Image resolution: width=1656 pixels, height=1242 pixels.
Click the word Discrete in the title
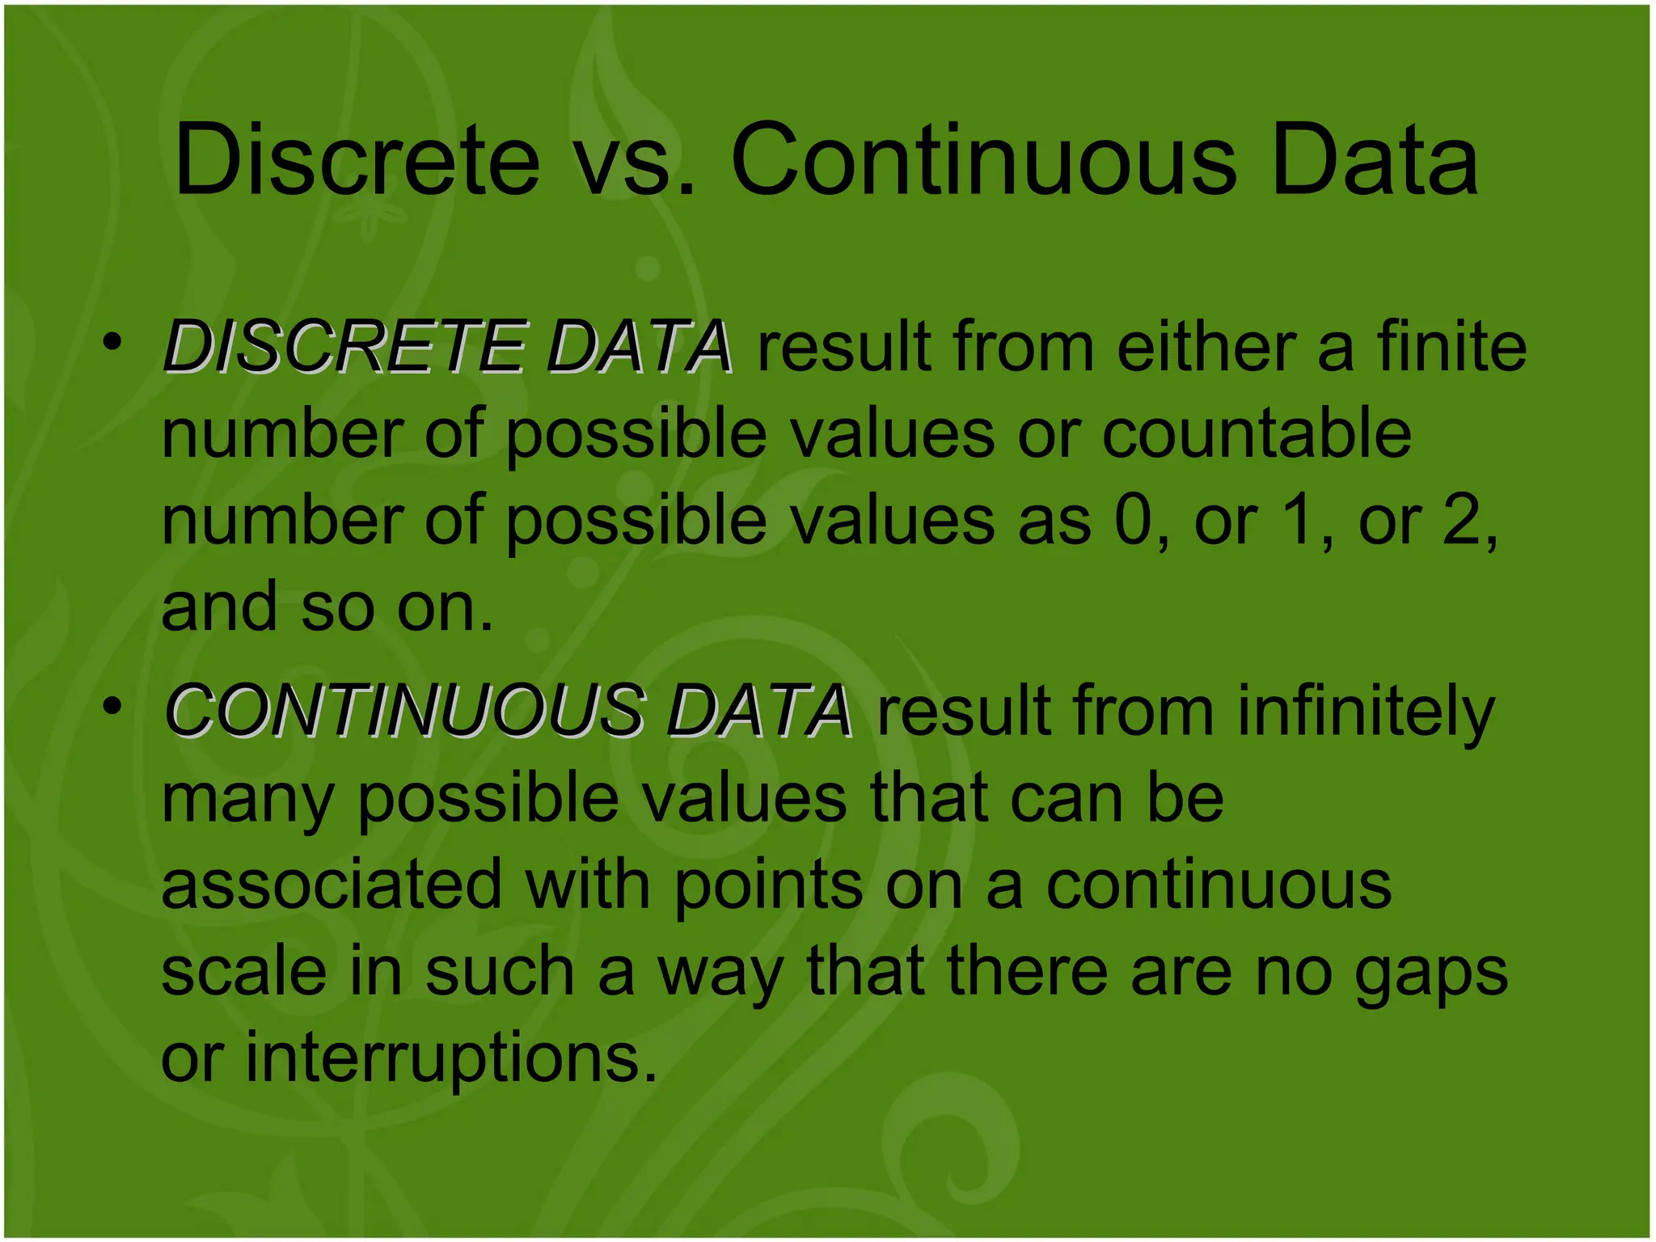pyautogui.click(x=357, y=159)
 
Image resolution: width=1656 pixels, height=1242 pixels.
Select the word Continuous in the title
pyautogui.click(x=982, y=159)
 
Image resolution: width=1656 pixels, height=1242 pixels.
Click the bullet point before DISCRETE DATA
pyautogui.click(x=112, y=342)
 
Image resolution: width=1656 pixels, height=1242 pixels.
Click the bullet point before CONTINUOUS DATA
pyautogui.click(x=112, y=706)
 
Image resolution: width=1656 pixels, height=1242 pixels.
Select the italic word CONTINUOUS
pyautogui.click(x=404, y=711)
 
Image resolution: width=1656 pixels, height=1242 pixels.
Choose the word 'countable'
pyautogui.click(x=1257, y=433)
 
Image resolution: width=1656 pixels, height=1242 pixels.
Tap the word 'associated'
pyautogui.click(x=332, y=884)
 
